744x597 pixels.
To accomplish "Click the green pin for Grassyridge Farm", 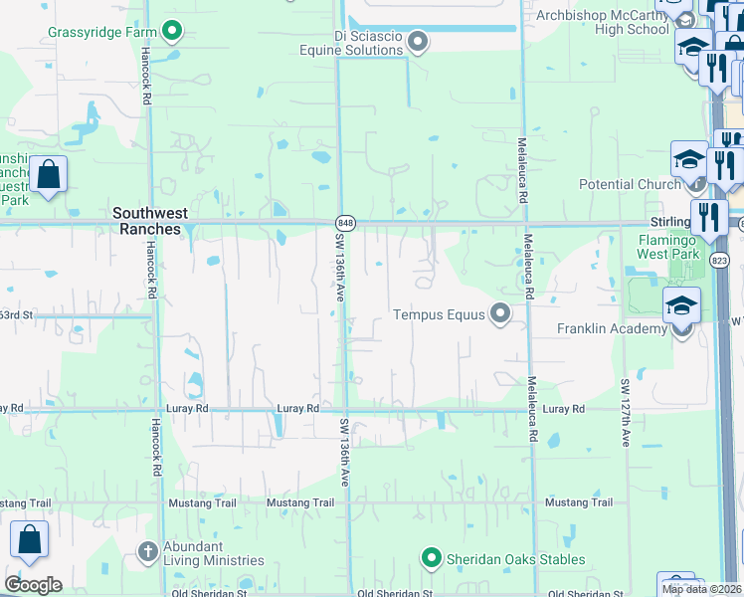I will click(172, 32).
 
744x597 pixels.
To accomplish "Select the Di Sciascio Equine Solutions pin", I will click(419, 42).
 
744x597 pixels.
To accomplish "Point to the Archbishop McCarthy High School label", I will click(604, 22).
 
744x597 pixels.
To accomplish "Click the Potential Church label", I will click(631, 184).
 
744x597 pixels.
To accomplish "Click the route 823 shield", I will click(719, 259).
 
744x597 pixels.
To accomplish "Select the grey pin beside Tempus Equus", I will click(500, 314).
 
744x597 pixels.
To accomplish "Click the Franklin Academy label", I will click(612, 329).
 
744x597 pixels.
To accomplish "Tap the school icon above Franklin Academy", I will click(682, 304).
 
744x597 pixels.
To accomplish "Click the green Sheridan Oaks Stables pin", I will click(431, 557).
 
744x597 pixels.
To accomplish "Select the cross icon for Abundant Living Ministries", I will click(147, 550).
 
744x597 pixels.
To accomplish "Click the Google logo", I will click(33, 585).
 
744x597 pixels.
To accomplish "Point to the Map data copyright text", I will click(702, 589).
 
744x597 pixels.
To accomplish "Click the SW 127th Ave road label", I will click(626, 412).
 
